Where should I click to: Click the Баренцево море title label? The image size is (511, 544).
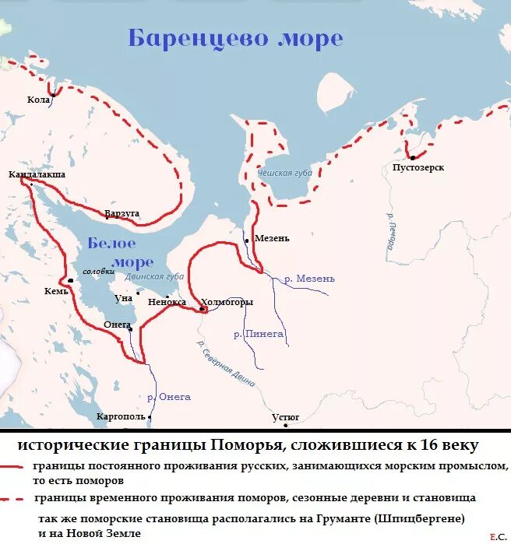234,38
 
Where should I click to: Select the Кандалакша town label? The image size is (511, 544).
37,175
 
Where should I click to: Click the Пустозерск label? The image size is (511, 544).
418,167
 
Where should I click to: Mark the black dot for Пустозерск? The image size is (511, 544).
413,158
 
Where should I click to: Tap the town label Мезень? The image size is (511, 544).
272,238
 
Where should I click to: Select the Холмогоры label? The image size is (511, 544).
227,302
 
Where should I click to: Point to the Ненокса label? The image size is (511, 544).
167,302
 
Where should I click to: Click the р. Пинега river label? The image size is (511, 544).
259,334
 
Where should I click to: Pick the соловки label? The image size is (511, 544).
98,272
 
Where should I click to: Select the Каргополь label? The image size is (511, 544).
121,417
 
